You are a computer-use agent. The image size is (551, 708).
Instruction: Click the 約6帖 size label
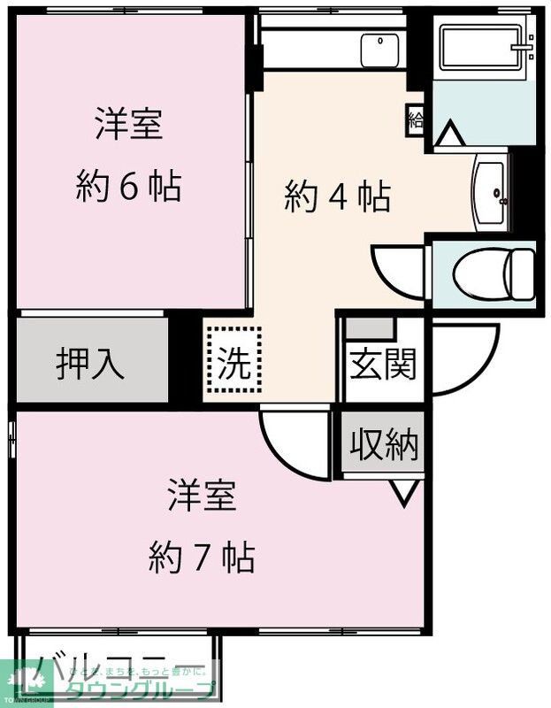pos(129,187)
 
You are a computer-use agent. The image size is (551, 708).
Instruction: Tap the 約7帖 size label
pos(203,558)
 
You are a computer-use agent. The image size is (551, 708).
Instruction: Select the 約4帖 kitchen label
pos(337,197)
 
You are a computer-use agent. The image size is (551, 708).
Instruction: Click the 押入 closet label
pos(90,363)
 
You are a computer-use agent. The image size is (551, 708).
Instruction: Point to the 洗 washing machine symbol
pos(234,359)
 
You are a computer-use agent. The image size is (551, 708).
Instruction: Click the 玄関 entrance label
pos(382,364)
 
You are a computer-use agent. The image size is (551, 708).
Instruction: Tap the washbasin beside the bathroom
pos(492,193)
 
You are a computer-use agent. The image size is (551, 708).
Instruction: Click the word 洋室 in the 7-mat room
pos(203,496)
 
